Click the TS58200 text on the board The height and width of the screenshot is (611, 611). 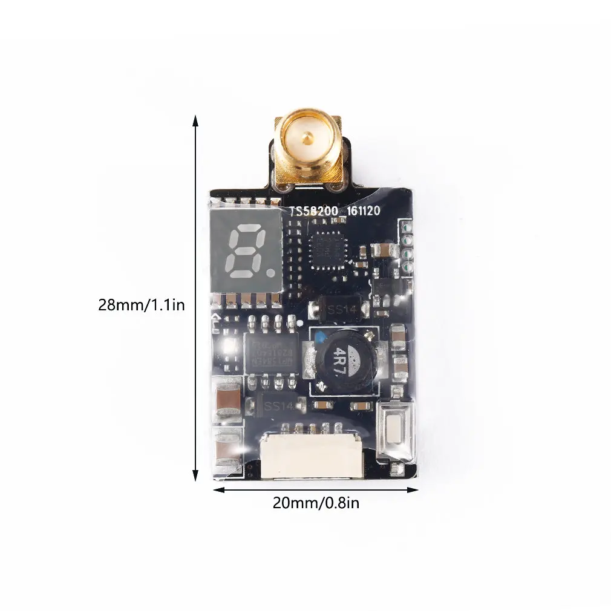pyautogui.click(x=315, y=212)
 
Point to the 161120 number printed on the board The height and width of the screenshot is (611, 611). pyautogui.click(x=363, y=212)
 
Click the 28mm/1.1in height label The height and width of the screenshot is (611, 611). pyautogui.click(x=142, y=305)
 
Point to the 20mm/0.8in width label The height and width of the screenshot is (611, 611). pyautogui.click(x=316, y=502)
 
